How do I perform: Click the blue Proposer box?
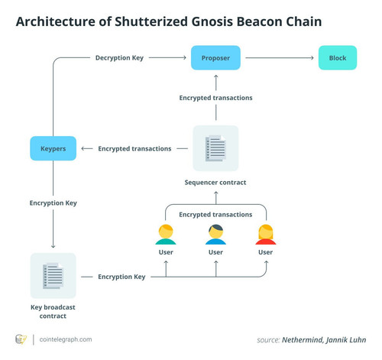(x=215, y=58)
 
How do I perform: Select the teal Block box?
(x=338, y=58)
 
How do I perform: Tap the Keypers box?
(x=53, y=148)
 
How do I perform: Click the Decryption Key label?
(x=119, y=58)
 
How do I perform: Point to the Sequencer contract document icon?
(x=215, y=148)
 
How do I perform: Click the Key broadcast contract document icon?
(x=53, y=276)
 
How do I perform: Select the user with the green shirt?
(x=166, y=235)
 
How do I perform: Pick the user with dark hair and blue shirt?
(x=215, y=235)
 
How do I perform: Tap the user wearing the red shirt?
(x=266, y=235)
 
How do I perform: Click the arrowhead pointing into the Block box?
(x=312, y=58)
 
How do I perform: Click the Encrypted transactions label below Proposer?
(x=215, y=98)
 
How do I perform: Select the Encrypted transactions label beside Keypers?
(x=134, y=148)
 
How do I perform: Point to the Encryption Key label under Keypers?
(x=53, y=203)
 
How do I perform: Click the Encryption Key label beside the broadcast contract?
(x=121, y=277)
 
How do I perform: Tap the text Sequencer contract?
(x=215, y=183)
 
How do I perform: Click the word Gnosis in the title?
(x=212, y=21)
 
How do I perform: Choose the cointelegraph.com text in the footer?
(x=66, y=339)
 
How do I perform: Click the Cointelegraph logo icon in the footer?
(x=21, y=339)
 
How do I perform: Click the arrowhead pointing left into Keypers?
(x=83, y=148)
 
